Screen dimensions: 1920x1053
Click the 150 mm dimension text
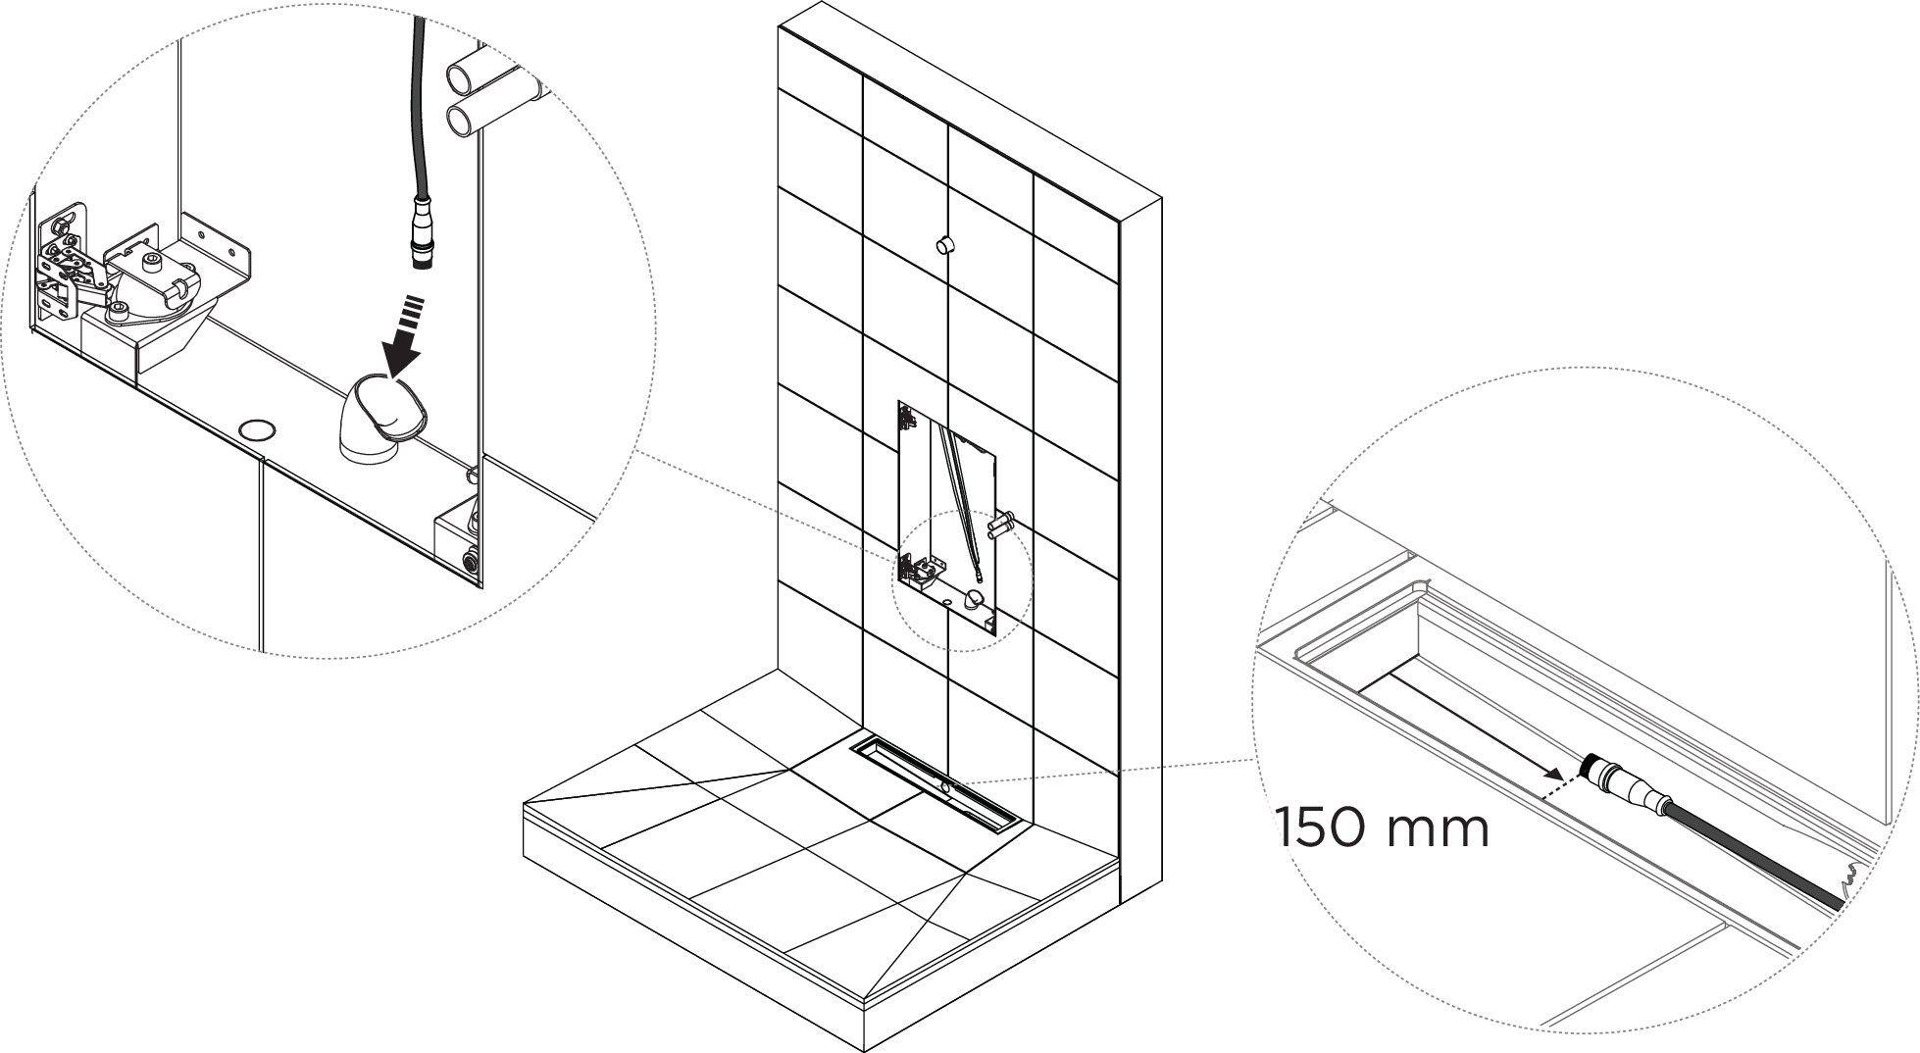click(1383, 828)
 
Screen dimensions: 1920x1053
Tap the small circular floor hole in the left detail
click(258, 428)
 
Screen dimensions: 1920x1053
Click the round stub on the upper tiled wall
click(944, 243)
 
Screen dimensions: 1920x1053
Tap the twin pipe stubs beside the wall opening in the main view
click(1000, 524)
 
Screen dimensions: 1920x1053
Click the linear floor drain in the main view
click(940, 785)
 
